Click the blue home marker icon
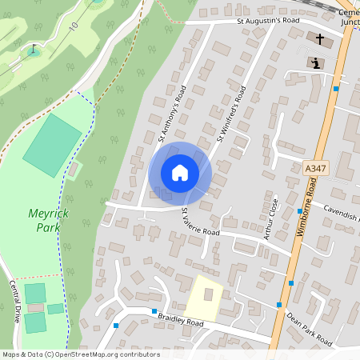point(180,173)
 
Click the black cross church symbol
point(321,38)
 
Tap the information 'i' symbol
point(316,62)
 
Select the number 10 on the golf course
point(74,26)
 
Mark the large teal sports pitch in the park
point(53,145)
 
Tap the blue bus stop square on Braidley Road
point(154,310)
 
